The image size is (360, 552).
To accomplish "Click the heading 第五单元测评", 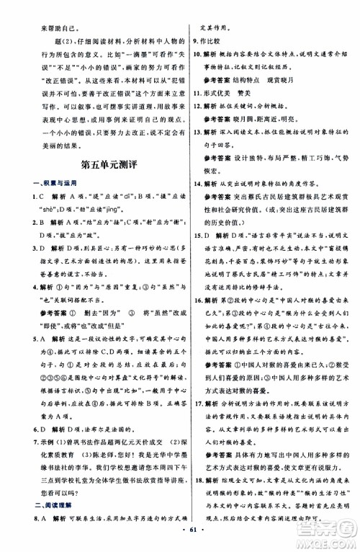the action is point(91,190).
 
